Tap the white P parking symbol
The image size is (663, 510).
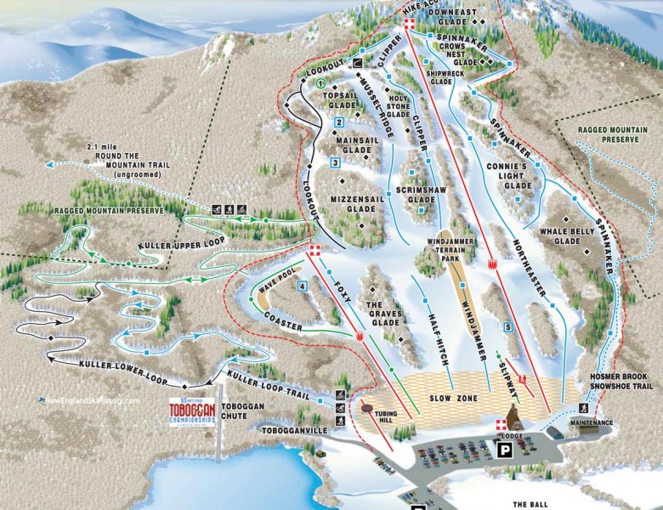[x=505, y=450]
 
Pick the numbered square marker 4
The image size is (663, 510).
[x=302, y=286]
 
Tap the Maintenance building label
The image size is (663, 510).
[x=591, y=422]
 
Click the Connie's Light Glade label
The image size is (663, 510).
[x=516, y=175]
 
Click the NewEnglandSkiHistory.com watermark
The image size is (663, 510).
[x=85, y=399]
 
